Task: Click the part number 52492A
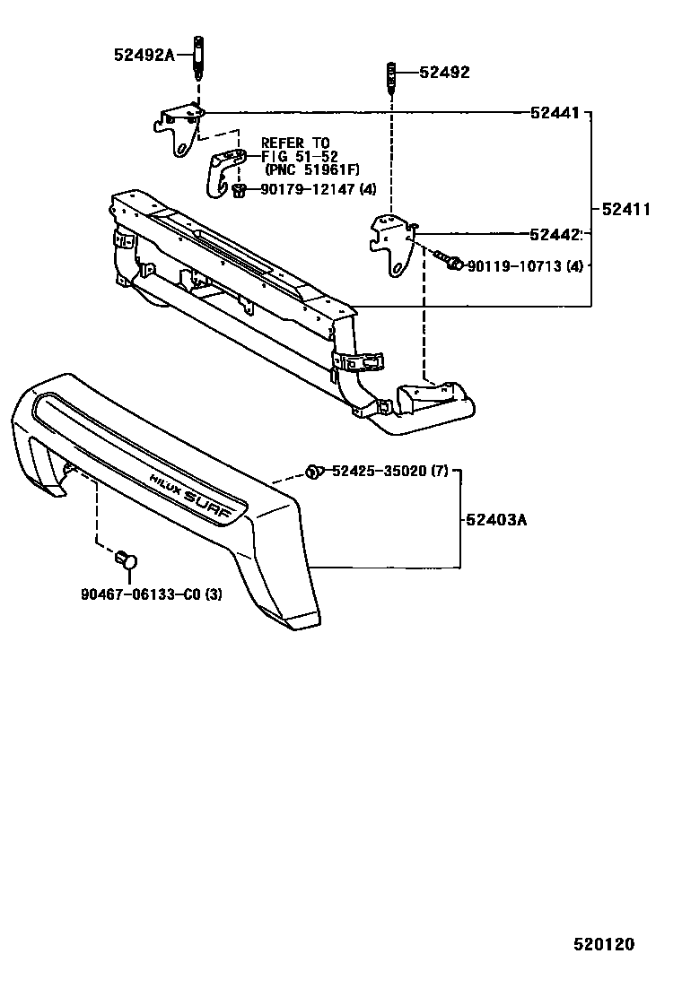(x=144, y=55)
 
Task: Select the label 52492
(x=444, y=73)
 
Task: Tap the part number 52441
(x=555, y=113)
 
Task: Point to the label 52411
(x=626, y=209)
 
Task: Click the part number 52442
(x=555, y=235)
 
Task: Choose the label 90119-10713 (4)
(x=525, y=265)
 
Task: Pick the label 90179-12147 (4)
(x=318, y=189)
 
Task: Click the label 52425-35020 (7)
(x=390, y=472)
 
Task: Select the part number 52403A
(x=496, y=520)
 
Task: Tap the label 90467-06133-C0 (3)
(x=152, y=594)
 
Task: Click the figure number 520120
(x=604, y=944)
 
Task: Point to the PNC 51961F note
(x=311, y=169)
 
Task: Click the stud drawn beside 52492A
(x=198, y=58)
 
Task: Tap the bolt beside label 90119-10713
(x=450, y=260)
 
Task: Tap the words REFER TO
(x=296, y=143)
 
